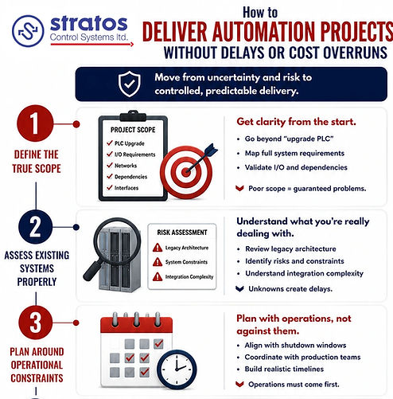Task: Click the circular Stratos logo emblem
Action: pos(28,31)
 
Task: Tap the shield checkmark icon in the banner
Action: pos(130,84)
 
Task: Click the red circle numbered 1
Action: pos(35,123)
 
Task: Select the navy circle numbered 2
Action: pos(35,227)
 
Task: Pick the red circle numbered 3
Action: pos(35,323)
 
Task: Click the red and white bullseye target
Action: pos(186,172)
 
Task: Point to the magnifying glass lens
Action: pos(117,241)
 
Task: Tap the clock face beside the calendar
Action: pos(177,370)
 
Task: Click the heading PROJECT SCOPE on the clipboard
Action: pos(133,130)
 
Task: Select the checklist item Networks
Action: pos(126,166)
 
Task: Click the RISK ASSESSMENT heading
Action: pos(182,233)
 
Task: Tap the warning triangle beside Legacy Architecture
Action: pos(158,248)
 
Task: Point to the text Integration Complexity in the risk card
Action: pos(189,277)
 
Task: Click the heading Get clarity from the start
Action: pos(296,122)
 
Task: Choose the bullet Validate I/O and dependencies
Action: pos(296,167)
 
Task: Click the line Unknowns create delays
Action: pos(290,289)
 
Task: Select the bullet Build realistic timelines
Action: pos(284,369)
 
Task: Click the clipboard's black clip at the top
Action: pos(133,116)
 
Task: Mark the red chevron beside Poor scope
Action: pos(239,188)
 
